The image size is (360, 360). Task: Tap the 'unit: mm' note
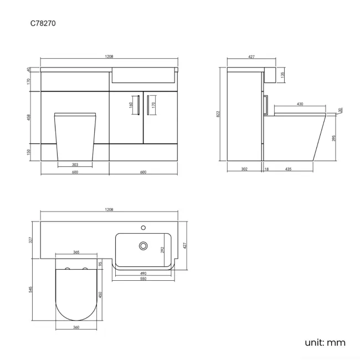click(x=325, y=342)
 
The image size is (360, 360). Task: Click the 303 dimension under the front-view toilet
click(x=75, y=164)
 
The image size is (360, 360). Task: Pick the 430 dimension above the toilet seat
click(x=300, y=104)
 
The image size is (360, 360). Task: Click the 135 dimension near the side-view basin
click(x=283, y=75)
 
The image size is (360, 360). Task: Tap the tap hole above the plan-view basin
click(x=143, y=227)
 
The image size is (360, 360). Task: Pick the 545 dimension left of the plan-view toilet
click(x=31, y=290)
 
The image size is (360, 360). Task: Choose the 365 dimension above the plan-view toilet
click(x=76, y=252)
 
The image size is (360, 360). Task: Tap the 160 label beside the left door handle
click(x=131, y=104)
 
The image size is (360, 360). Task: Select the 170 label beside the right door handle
click(x=153, y=104)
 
